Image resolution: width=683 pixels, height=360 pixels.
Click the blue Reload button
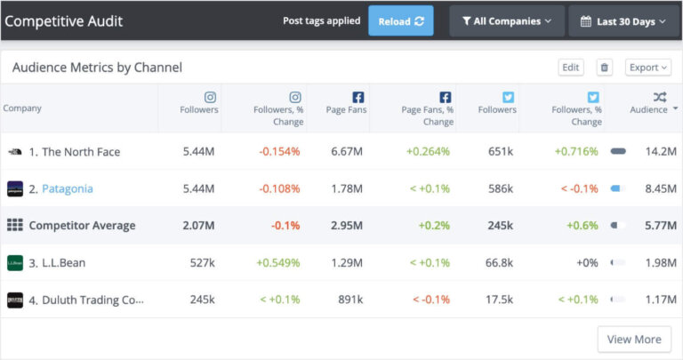coord(400,21)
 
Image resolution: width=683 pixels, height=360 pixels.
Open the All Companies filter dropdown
coord(506,21)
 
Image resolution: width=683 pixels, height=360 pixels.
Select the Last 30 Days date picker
coord(623,21)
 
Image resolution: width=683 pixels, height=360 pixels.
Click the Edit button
coord(571,68)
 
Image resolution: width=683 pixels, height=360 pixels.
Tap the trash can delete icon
coord(605,68)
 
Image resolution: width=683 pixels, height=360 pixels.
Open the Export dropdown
coord(648,68)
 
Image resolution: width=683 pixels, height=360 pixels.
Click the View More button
coord(634,340)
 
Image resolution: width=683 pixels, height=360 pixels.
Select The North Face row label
coord(74,152)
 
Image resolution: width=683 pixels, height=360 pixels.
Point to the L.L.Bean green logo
coord(15,263)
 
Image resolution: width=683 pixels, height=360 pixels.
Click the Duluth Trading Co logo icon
coord(15,300)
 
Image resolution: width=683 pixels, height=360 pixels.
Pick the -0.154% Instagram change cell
coord(279,152)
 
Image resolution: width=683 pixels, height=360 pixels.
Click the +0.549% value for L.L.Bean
coord(277,263)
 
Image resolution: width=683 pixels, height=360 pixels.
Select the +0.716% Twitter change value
coord(577,152)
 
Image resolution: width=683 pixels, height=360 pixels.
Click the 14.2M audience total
coord(662,152)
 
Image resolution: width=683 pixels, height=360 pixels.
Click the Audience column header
coord(648,109)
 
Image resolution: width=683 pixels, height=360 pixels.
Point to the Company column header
coord(22,108)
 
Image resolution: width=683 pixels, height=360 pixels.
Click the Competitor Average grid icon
coord(15,226)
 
